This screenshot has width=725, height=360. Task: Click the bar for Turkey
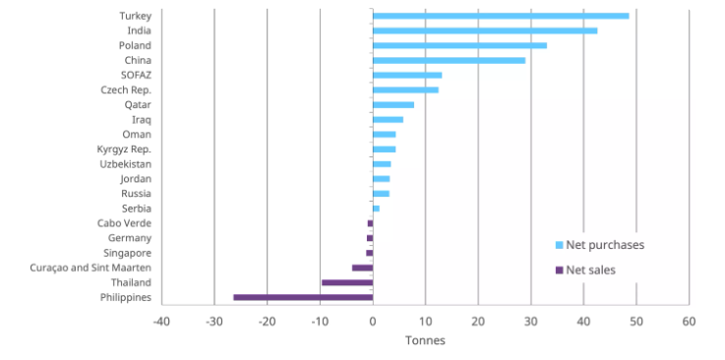coord(500,16)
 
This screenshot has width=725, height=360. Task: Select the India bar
coord(484,30)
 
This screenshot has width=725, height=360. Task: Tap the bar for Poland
coord(459,45)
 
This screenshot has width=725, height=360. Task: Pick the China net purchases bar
coord(449,60)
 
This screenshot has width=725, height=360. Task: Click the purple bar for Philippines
coord(303,297)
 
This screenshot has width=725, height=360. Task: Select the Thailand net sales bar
coord(347,282)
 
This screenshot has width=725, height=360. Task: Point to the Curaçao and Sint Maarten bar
coord(362,268)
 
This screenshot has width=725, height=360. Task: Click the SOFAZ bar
coord(407,75)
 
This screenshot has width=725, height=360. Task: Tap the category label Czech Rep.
coord(126,90)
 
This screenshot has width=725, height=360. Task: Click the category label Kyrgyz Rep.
coord(124,149)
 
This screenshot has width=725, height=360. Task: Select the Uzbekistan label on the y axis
coord(126,164)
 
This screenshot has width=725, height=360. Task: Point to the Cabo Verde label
coord(124,223)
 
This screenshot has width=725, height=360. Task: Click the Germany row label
coord(130,238)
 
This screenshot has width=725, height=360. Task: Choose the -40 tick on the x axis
coord(161,322)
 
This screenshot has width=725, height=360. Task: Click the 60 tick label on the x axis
coord(689,322)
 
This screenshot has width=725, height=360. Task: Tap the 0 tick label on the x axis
coord(373,322)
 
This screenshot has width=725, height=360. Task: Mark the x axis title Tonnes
coord(425,341)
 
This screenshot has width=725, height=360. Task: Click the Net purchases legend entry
coord(604,245)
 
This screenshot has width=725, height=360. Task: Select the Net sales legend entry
coord(590,270)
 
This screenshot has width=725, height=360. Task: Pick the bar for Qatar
coord(393,104)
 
